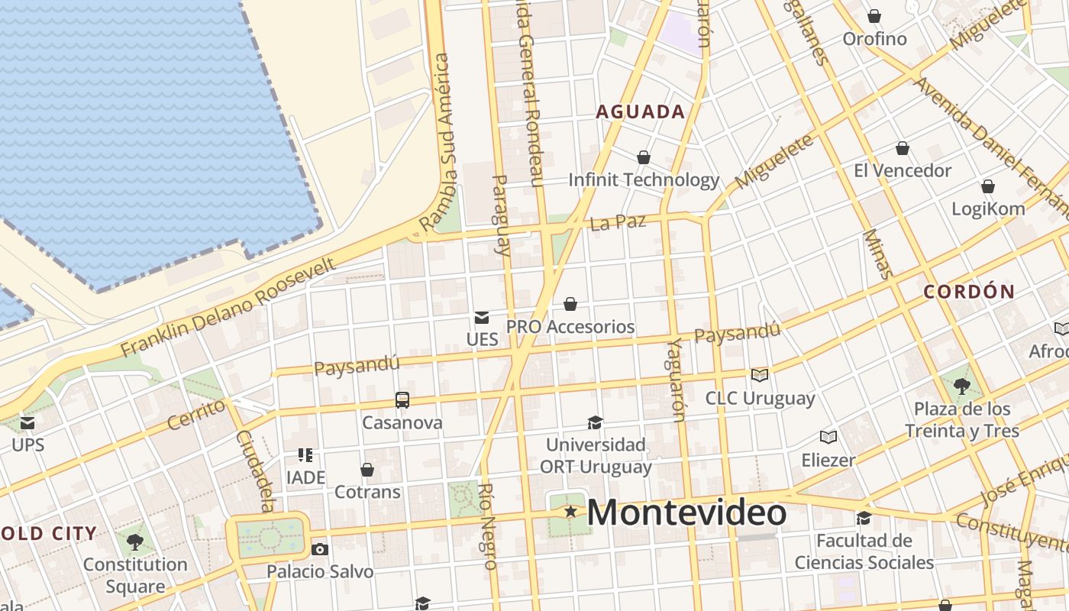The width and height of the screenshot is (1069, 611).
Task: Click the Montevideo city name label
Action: coord(686,512)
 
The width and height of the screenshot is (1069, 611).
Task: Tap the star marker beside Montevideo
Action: coord(570,512)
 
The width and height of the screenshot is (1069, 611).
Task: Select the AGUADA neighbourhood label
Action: coord(640,112)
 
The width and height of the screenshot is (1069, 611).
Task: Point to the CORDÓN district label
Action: coord(969,291)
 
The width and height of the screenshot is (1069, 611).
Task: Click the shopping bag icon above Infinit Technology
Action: coord(644,157)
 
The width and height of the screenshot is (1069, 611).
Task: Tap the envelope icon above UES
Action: coord(482,317)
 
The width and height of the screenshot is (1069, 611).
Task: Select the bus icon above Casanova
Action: coord(402,399)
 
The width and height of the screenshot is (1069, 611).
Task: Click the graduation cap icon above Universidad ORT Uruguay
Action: coord(595,422)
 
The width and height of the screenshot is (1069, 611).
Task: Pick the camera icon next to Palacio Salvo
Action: coord(320,549)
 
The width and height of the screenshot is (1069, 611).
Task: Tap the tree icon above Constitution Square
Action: coord(135,542)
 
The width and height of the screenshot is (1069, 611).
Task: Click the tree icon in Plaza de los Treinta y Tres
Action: coord(962,386)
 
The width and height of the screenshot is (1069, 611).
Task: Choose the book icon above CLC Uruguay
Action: coord(759,375)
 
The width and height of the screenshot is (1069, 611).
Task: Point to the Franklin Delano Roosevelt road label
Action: coord(228,308)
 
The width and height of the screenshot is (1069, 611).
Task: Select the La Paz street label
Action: coord(618,223)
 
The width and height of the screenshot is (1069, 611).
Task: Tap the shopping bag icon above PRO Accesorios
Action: coord(570,304)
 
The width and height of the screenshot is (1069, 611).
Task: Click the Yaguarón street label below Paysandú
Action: coord(675,380)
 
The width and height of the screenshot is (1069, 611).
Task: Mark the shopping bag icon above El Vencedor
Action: coord(903,148)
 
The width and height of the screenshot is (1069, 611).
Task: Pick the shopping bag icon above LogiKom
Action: coord(988,186)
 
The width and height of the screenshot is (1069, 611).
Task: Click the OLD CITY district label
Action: coord(49,533)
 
